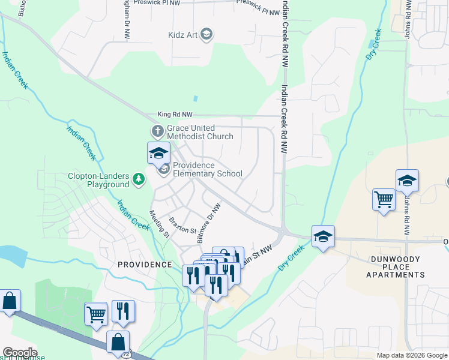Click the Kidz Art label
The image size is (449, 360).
point(183,34)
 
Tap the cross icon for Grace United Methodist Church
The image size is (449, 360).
point(157,130)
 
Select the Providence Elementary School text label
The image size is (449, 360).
point(208,170)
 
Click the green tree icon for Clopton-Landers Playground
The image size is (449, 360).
point(139,179)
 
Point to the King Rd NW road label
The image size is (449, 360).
point(175,114)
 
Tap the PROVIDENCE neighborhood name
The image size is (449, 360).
point(145,265)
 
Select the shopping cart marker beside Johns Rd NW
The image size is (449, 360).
point(384,199)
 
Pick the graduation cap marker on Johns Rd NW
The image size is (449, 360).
point(407,180)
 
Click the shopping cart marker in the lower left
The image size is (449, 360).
point(95,313)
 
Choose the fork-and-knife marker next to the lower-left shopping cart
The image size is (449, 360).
point(122,311)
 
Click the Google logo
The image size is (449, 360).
point(19,353)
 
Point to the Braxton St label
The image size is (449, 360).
point(182,226)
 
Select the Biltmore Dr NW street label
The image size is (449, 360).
point(208,223)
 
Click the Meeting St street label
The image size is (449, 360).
point(159,224)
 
